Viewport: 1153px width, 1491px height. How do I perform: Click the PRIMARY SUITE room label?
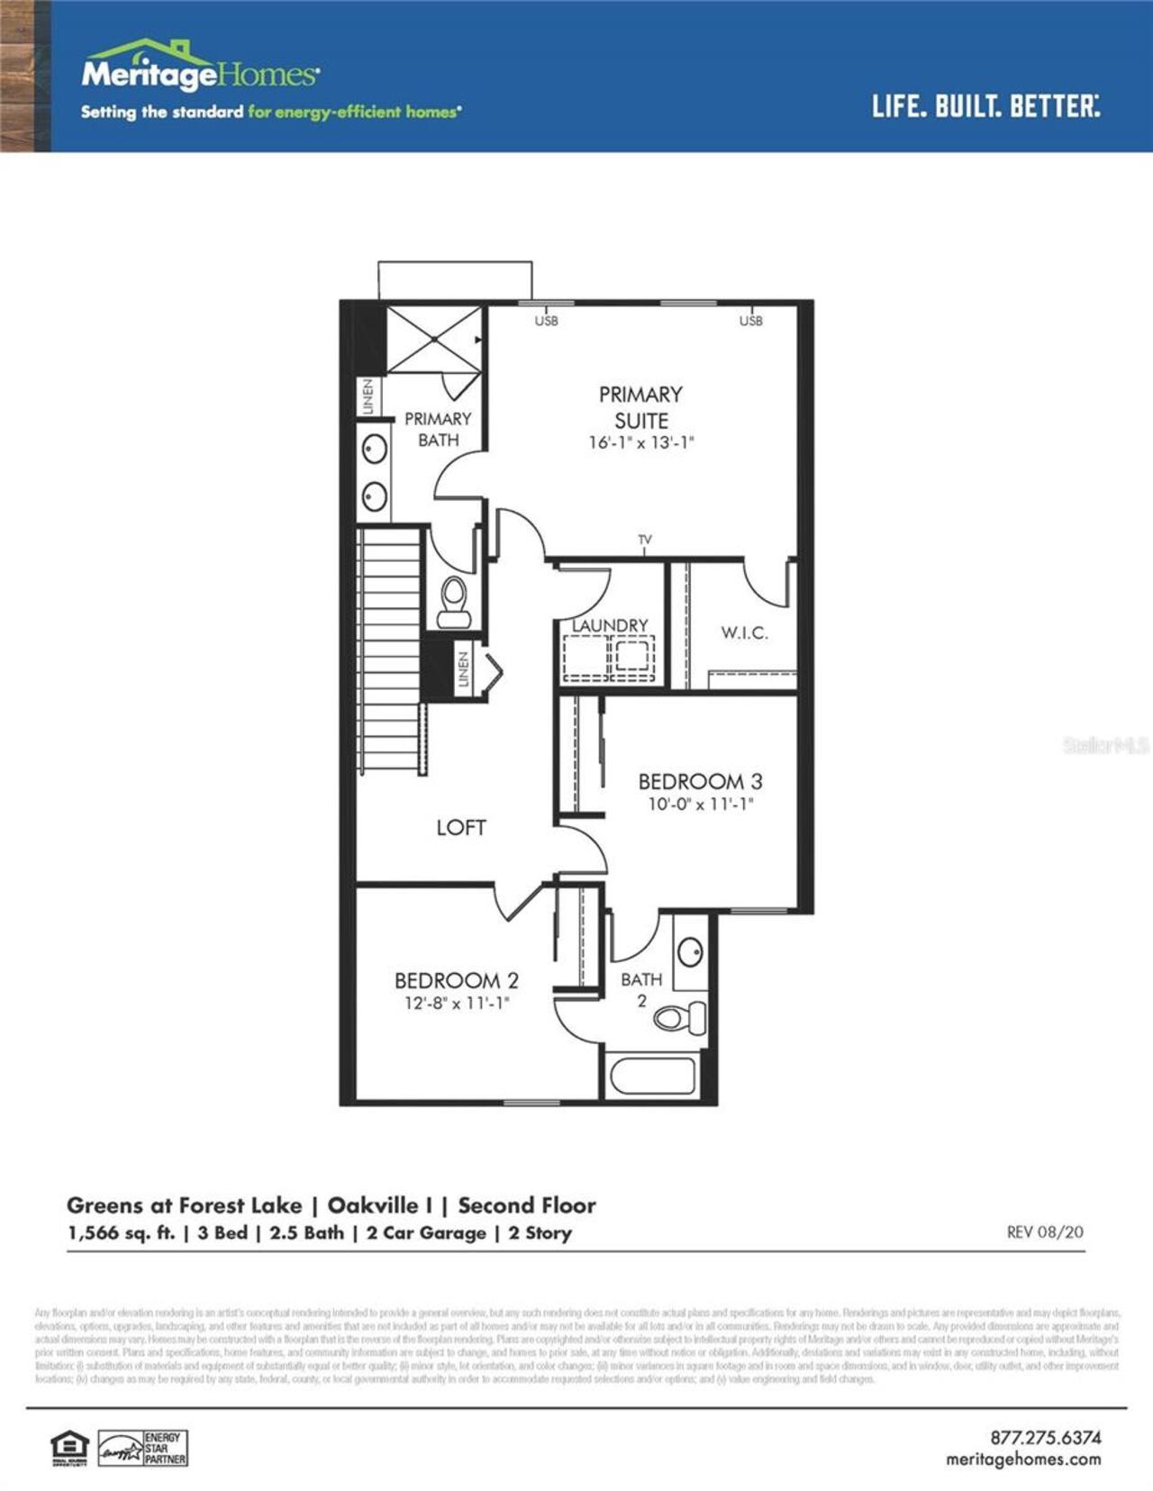[640, 407]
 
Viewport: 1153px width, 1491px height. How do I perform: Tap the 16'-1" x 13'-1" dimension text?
[640, 442]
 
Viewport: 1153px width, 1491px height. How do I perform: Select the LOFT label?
[461, 827]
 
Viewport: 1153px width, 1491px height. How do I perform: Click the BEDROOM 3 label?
[700, 781]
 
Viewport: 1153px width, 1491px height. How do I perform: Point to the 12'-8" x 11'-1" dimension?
[457, 1003]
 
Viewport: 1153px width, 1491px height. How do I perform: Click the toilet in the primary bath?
[453, 603]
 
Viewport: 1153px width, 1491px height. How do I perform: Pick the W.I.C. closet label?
[744, 632]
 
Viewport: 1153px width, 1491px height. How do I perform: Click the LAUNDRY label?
[611, 625]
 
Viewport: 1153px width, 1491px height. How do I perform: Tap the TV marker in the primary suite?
[645, 540]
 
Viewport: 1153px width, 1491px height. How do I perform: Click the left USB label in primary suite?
[546, 321]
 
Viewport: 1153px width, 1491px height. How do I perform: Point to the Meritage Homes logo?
[200, 68]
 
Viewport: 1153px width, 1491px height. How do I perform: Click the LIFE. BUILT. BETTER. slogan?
[985, 106]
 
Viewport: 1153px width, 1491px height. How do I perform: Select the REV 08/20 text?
[1045, 1232]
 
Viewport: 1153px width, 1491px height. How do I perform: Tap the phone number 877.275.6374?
[1045, 1437]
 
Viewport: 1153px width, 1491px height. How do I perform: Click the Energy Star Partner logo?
[142, 1448]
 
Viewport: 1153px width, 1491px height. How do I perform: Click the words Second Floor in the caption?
[527, 1205]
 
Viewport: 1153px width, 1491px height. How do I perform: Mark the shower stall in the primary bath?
[434, 340]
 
